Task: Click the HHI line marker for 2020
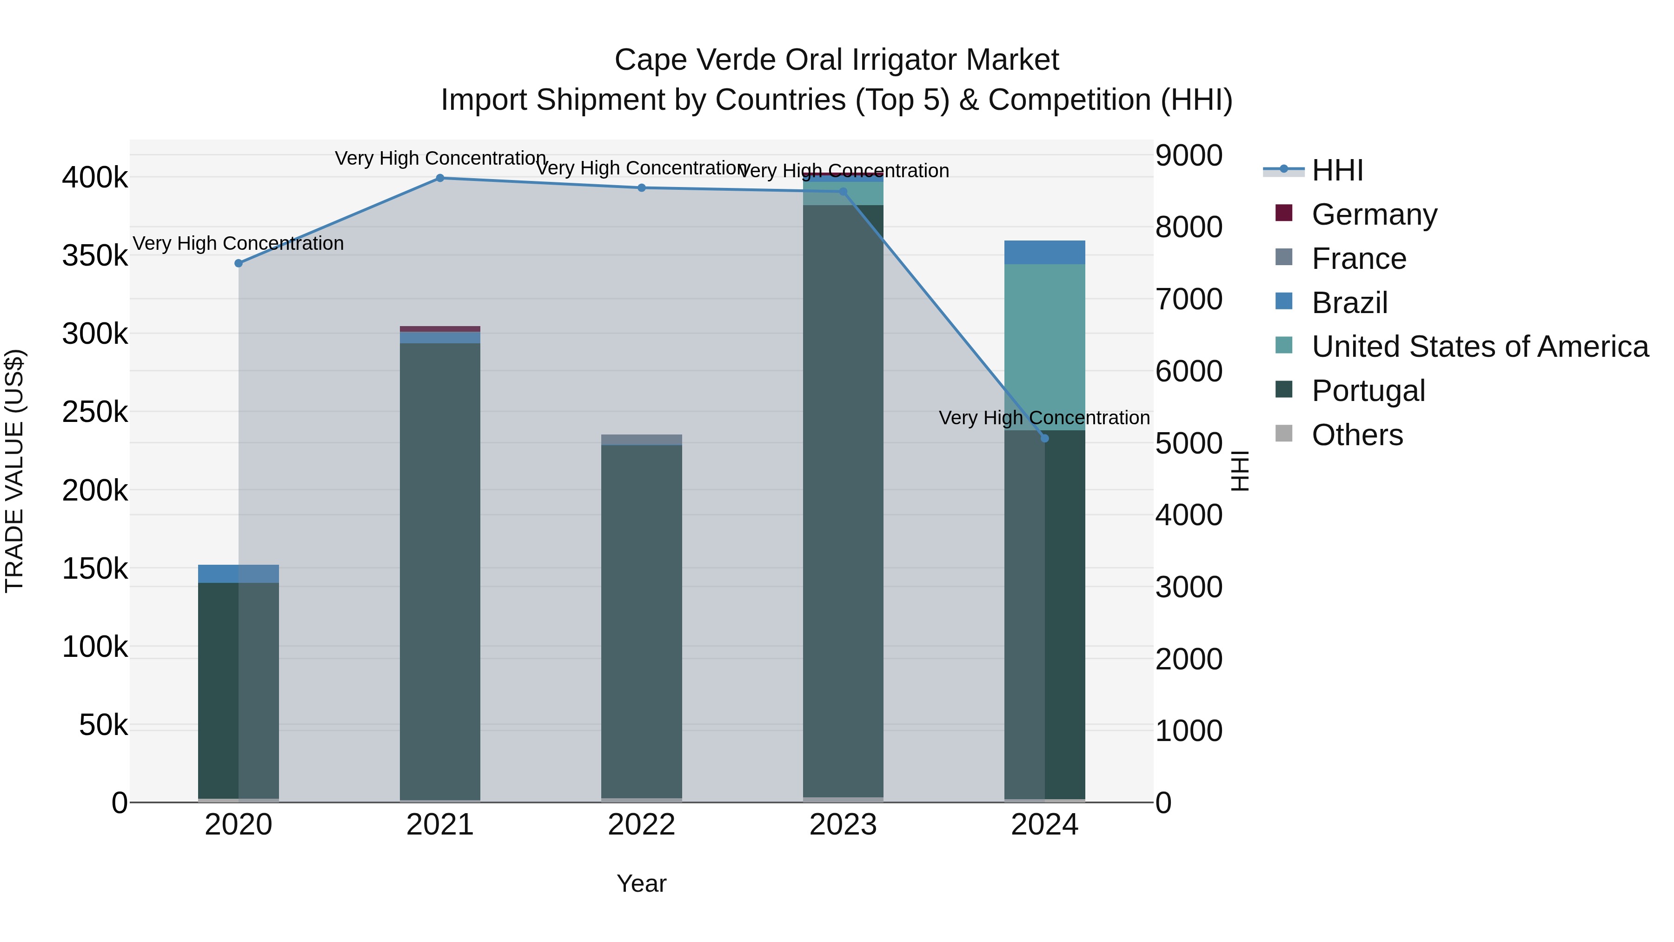point(239,263)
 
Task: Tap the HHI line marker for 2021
point(440,178)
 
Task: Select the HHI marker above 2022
point(641,188)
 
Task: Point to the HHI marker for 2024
point(1045,438)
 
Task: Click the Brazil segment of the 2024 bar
point(1045,252)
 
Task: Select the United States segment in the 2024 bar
point(1045,347)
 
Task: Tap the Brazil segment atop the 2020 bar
point(239,574)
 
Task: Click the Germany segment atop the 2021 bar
point(440,329)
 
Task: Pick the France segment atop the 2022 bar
point(641,440)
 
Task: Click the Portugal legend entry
point(1368,391)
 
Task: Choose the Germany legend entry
point(1374,214)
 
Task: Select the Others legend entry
point(1357,435)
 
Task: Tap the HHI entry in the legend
point(1337,170)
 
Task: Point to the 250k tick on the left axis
point(95,412)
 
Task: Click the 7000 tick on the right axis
point(1189,300)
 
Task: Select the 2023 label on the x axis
point(843,825)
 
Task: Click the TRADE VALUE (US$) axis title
point(14,471)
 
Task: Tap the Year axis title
point(641,883)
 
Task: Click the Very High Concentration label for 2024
point(1044,418)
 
